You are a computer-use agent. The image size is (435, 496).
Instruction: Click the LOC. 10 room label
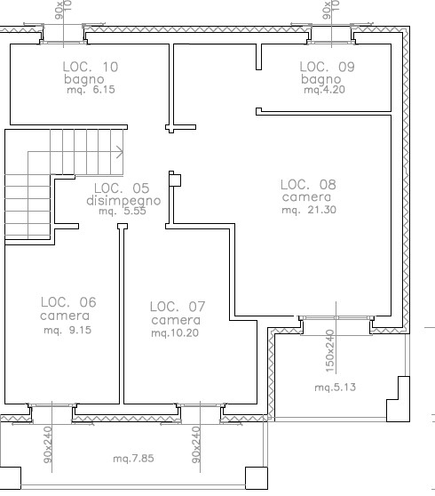[x=91, y=67]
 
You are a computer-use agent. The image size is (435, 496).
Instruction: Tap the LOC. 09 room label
[x=327, y=67]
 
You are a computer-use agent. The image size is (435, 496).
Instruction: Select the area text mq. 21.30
[x=309, y=210]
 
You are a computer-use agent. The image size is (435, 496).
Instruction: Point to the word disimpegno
[x=123, y=201]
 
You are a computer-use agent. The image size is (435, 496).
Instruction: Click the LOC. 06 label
[x=68, y=302]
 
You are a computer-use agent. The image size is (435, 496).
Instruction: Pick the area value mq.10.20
[x=175, y=332]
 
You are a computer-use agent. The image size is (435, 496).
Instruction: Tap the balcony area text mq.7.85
[x=134, y=459]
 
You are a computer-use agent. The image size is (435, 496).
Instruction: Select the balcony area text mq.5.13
[x=336, y=388]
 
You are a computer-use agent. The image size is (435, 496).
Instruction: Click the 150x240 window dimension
[x=329, y=351]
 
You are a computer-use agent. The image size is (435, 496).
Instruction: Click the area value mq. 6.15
[x=91, y=90]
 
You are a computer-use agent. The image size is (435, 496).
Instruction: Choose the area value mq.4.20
[x=324, y=90]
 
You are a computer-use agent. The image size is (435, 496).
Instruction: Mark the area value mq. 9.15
[x=67, y=330]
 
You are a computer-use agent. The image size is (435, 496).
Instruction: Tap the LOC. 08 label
[x=308, y=184]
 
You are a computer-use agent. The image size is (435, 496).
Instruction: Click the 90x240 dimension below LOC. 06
[x=48, y=445]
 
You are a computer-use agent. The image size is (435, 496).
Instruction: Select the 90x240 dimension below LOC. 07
[x=196, y=445]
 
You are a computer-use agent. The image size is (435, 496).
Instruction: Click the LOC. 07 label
[x=178, y=307]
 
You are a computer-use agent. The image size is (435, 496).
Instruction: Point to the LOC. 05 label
[x=122, y=188]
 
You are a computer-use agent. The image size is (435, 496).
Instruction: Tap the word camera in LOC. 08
[x=306, y=197]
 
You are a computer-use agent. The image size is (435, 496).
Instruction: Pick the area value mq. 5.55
[x=123, y=211]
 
